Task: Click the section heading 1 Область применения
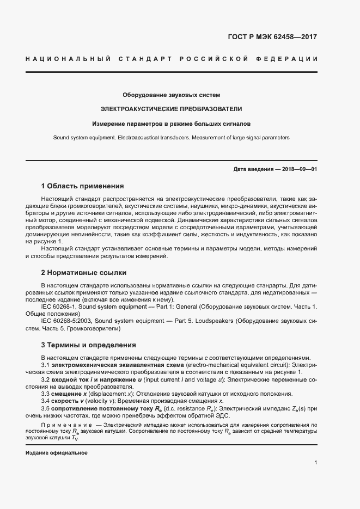[83, 186]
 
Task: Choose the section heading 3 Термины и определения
[88, 345]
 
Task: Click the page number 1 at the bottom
[315, 463]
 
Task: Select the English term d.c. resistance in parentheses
[191, 408]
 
